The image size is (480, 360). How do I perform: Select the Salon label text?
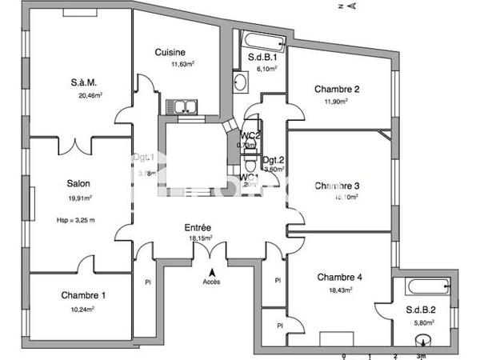(77, 181)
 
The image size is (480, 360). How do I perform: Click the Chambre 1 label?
(83, 295)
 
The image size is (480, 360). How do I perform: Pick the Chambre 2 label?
(337, 89)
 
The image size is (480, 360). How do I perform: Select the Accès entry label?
(211, 282)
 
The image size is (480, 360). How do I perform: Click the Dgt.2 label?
(274, 159)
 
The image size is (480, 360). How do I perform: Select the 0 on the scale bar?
(344, 355)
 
